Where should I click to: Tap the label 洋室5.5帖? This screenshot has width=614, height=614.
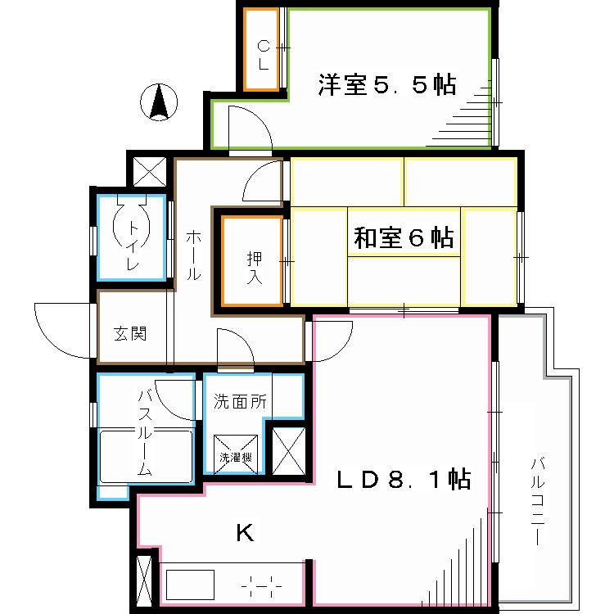[x=386, y=85]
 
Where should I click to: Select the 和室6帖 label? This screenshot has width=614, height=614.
[x=404, y=238]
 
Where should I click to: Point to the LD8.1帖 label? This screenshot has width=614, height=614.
[x=404, y=481]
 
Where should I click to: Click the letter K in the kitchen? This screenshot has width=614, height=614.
[x=244, y=534]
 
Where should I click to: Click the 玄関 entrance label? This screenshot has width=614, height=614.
[x=129, y=334]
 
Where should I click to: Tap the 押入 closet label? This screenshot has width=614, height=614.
[x=253, y=268]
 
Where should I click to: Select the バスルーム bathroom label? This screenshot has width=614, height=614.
[x=144, y=434]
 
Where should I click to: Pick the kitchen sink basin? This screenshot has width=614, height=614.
[x=191, y=585]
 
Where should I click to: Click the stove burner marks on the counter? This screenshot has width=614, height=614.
[x=262, y=586]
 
